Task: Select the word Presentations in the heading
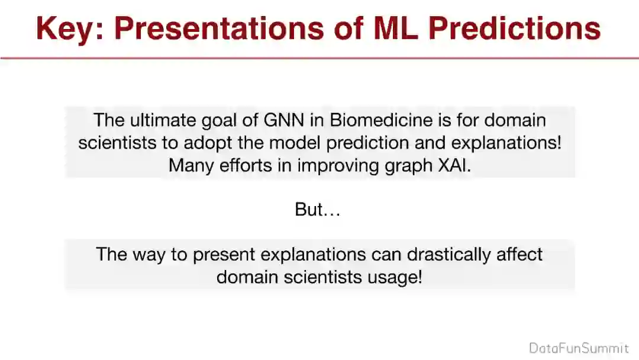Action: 219,28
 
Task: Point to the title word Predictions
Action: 515,28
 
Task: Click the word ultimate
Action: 163,120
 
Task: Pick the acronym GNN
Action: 283,120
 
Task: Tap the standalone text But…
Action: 318,209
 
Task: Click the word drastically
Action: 448,255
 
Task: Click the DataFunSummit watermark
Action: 579,348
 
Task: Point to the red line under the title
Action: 319,58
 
